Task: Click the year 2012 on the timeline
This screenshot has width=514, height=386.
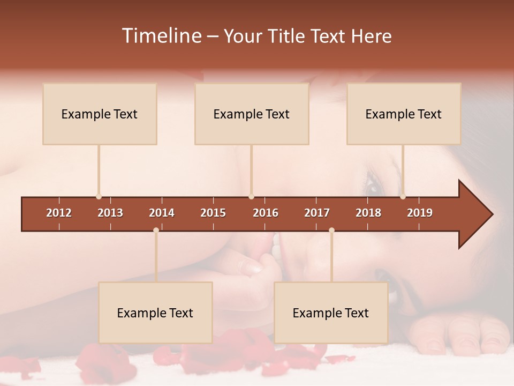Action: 59,213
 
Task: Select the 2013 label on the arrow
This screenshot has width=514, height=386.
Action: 110,213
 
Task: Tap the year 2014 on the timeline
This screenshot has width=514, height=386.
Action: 162,213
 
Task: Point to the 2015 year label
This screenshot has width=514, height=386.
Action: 213,213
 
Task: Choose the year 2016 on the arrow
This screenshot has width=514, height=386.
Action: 266,213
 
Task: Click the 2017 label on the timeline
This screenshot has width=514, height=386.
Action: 317,213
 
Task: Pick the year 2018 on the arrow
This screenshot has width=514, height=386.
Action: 368,213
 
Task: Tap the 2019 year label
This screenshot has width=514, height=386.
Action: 420,213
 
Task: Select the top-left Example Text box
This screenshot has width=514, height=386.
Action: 100,114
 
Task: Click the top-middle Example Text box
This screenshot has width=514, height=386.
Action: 252,114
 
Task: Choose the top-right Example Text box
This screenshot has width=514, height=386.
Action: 404,114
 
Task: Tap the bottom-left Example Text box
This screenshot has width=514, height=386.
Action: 155,313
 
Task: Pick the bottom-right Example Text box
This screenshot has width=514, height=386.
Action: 331,313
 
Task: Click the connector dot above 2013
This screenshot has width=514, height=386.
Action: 99,196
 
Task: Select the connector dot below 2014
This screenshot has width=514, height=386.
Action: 156,230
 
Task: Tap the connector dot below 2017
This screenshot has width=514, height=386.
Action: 331,230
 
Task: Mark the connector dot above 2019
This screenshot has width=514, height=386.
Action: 403,196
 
